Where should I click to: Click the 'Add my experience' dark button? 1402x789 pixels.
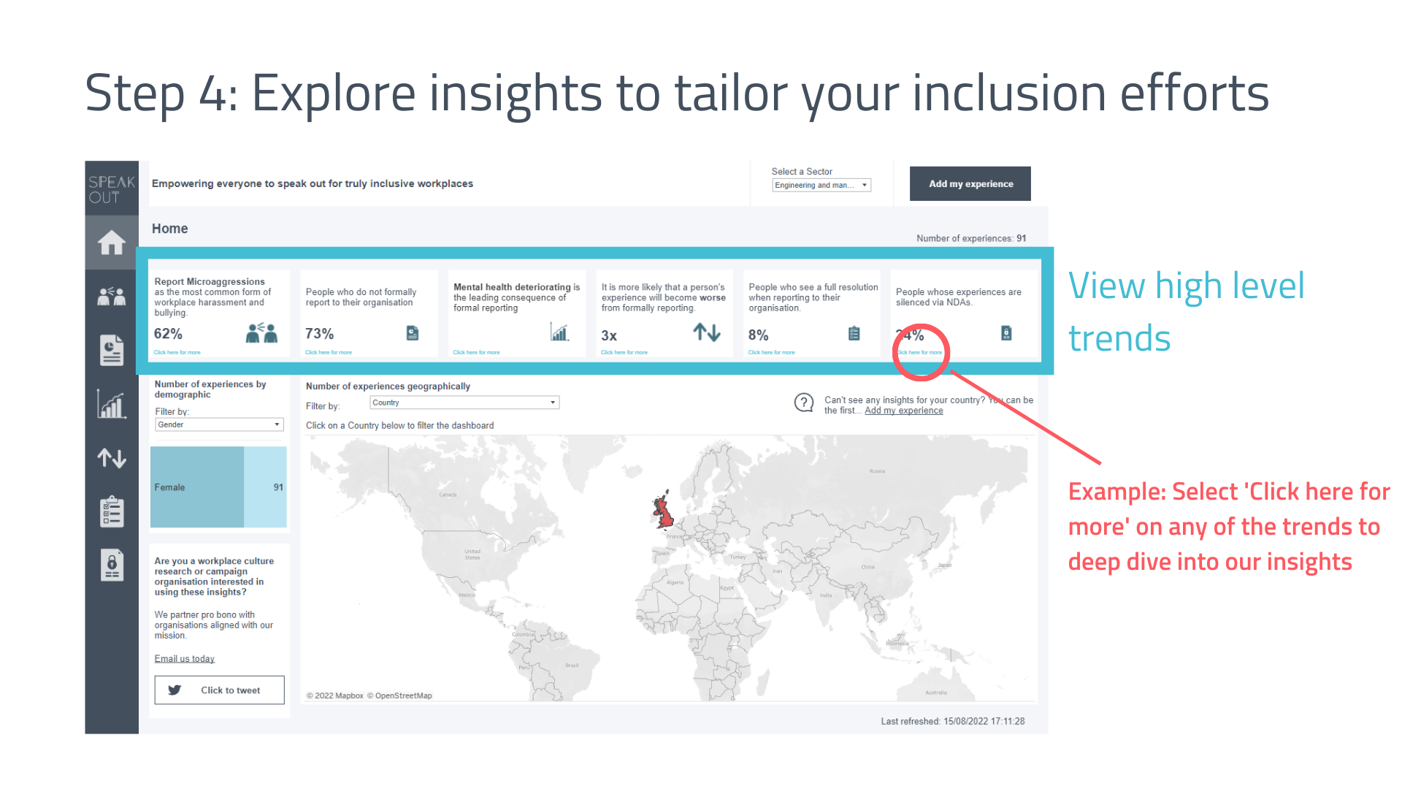970,184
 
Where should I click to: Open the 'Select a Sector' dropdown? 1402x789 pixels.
821,186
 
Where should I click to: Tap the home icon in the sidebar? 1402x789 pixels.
112,243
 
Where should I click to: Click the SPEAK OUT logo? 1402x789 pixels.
112,189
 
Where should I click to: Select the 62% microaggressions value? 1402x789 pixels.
168,334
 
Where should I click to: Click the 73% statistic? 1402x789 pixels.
319,334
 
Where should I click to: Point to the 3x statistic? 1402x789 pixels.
609,335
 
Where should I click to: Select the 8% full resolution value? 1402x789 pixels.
758,335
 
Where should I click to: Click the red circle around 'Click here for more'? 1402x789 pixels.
920,352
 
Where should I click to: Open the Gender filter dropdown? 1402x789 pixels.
219,424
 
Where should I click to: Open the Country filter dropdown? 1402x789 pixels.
464,403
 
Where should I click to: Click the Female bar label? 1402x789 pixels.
169,487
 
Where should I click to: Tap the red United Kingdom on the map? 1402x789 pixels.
663,511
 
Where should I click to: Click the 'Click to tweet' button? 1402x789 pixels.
219,690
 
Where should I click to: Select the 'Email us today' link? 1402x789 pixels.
184,659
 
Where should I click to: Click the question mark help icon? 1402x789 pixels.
803,403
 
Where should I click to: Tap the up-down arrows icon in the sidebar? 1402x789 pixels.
112,458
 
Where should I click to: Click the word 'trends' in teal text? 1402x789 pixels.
1119,339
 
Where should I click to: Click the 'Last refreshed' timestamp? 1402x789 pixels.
952,721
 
